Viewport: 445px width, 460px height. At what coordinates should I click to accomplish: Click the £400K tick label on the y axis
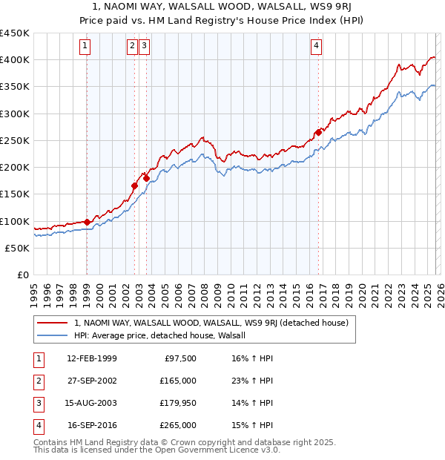[15, 60]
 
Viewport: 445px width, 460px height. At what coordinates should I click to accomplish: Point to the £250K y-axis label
[15, 140]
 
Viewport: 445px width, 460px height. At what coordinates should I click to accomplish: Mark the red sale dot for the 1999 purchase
[87, 222]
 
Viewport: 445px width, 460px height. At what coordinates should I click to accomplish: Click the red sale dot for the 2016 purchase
[318, 133]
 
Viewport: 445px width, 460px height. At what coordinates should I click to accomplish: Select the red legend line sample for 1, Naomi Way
[53, 323]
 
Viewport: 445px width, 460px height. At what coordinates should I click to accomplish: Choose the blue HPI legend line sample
[53, 335]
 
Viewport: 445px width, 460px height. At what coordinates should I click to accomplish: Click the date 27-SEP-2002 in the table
[92, 381]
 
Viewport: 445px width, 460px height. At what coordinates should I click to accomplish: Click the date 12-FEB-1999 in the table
[92, 358]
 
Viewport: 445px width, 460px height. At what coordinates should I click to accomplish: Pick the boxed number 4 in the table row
[37, 425]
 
